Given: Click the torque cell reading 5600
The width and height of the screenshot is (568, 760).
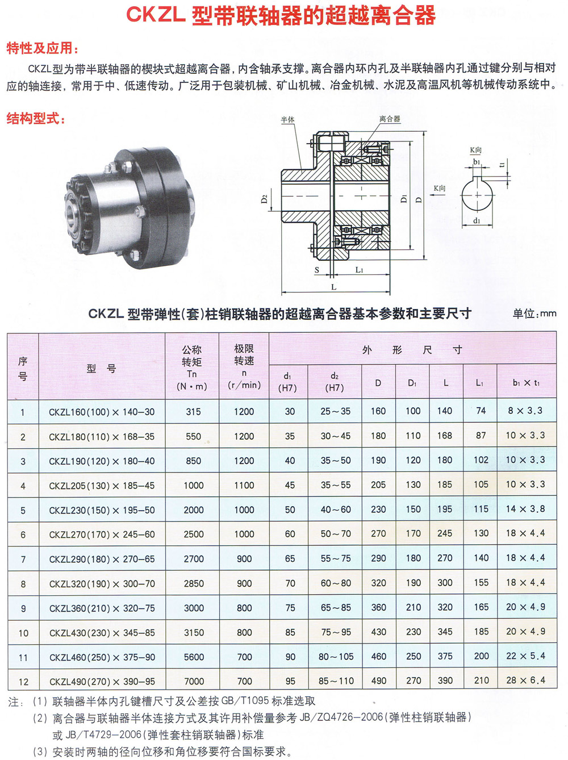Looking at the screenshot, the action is [x=194, y=657].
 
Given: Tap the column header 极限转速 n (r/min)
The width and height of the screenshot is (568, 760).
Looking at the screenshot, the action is [x=244, y=366].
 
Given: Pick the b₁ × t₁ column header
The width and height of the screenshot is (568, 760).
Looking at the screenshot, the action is [x=526, y=383].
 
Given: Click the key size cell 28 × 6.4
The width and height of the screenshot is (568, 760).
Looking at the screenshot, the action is [x=525, y=680].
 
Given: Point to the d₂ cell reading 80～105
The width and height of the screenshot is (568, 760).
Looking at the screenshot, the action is [x=336, y=657].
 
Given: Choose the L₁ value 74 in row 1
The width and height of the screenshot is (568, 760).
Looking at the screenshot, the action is [x=481, y=411].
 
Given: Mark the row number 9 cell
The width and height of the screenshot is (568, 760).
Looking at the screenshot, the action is [x=23, y=608].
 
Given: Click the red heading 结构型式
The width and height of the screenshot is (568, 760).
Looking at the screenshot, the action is [x=36, y=119].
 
